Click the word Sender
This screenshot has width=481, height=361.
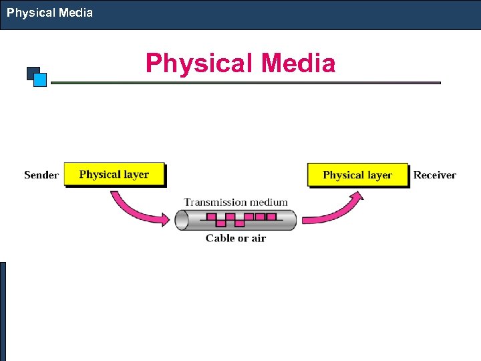(41, 175)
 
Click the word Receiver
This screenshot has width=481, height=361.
(434, 175)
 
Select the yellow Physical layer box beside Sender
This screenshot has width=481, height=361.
(114, 174)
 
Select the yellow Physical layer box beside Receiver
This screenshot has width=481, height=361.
(357, 175)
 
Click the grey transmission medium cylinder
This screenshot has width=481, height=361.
(236, 219)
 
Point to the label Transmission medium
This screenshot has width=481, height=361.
(236, 202)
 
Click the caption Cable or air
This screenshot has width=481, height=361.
(236, 238)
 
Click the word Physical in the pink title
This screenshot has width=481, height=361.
(200, 64)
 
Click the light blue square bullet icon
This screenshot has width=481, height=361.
(40, 80)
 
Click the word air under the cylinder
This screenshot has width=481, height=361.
(257, 238)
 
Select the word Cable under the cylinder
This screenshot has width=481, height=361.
(220, 238)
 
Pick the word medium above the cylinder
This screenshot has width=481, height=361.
(267, 202)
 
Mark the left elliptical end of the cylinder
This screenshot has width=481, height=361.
(181, 219)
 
